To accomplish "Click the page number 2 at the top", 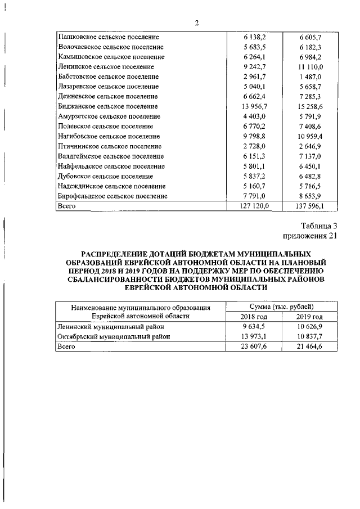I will (197, 23).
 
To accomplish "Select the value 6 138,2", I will (252, 37).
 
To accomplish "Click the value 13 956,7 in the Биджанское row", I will (251, 106).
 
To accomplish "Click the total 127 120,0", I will (251, 206).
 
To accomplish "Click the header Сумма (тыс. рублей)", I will (281, 307).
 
